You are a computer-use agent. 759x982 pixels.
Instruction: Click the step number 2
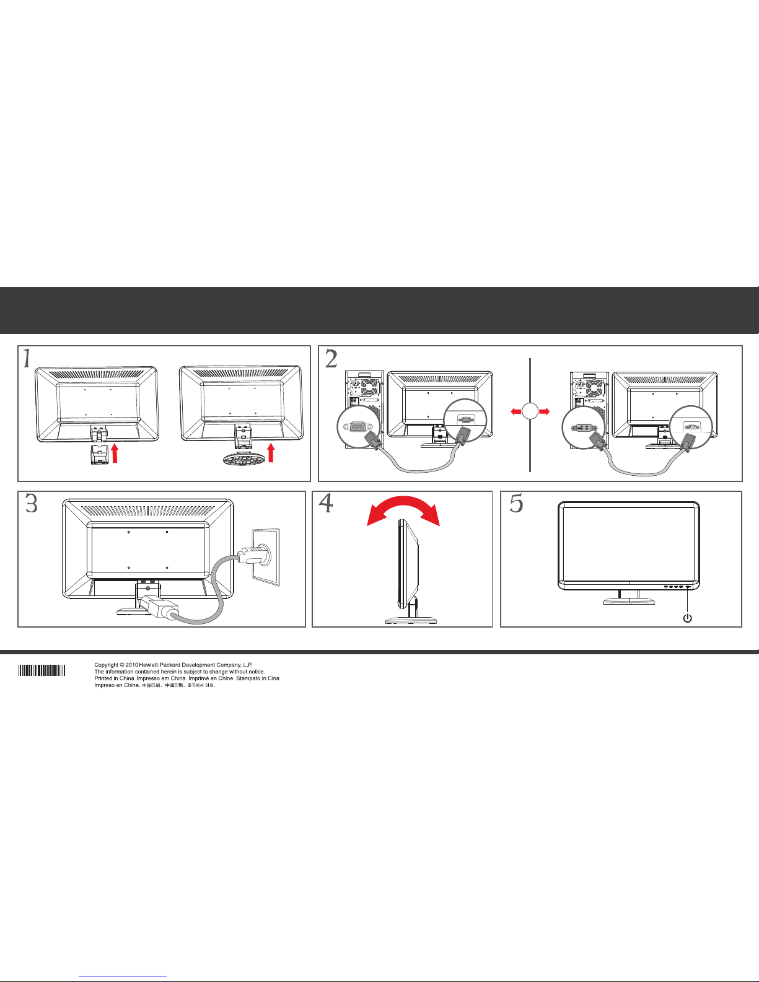coord(331,359)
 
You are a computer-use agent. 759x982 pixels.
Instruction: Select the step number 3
coord(31,503)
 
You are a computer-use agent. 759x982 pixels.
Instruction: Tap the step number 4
coord(326,503)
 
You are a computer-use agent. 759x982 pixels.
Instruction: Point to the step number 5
coord(516,503)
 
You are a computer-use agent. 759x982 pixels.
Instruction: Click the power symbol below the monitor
coord(687,618)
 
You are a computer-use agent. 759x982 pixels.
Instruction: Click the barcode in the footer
coord(42,670)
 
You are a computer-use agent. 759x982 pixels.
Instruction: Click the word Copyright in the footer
coord(106,665)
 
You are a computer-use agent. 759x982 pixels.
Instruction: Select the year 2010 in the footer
coord(132,665)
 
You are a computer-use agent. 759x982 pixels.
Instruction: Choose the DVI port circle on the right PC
coord(583,427)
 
